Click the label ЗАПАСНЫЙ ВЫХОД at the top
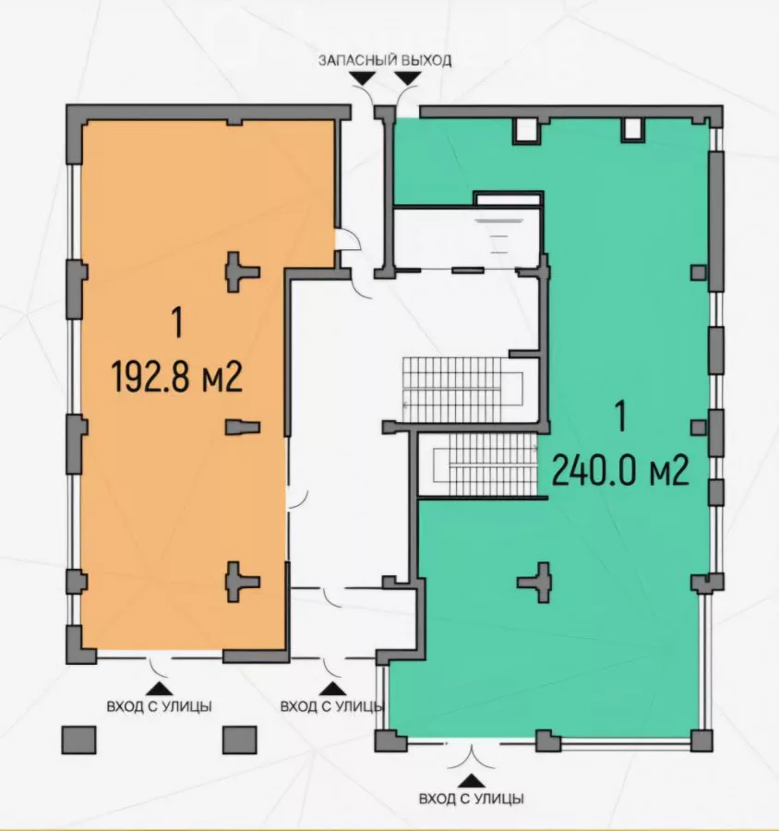click(x=385, y=60)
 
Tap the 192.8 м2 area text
click(x=177, y=377)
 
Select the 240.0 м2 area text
click(x=620, y=472)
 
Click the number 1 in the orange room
click(x=177, y=323)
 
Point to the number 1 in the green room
click(x=621, y=416)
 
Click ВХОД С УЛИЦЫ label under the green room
click(x=471, y=799)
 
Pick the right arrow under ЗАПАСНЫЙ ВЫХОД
click(x=409, y=78)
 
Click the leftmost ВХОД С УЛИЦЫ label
click(x=159, y=706)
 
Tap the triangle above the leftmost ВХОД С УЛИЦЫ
click(x=159, y=688)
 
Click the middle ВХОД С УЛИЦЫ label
click(x=331, y=706)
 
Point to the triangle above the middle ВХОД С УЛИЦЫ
click(x=332, y=688)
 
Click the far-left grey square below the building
click(x=79, y=740)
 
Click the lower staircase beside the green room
click(x=485, y=464)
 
